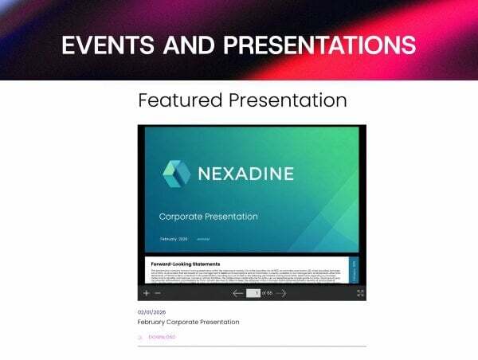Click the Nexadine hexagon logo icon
(176, 174)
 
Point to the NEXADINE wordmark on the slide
(245, 174)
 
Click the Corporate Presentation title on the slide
(208, 217)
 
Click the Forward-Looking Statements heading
(185, 264)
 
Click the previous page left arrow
(237, 293)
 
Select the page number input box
(253, 293)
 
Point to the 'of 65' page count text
(268, 293)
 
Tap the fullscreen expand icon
(360, 293)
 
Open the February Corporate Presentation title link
(188, 322)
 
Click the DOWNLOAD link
(162, 337)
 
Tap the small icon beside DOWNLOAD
(141, 337)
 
